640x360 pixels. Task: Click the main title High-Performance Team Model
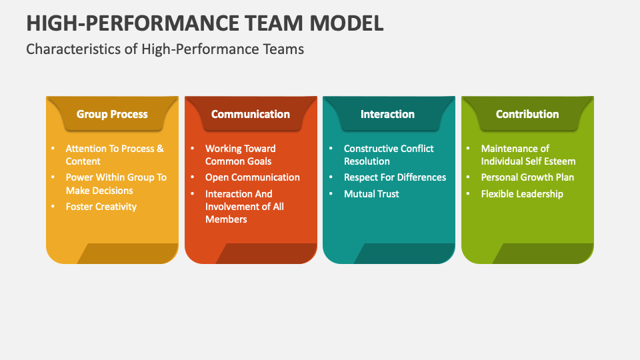click(x=205, y=22)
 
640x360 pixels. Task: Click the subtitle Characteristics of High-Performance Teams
click(x=165, y=49)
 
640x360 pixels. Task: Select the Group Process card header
click(x=112, y=114)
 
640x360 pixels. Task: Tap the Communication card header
click(x=251, y=114)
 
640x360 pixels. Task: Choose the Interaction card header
click(x=387, y=114)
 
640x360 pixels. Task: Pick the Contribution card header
click(x=527, y=114)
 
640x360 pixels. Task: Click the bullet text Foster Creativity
click(x=101, y=207)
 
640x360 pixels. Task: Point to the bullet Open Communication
click(x=252, y=177)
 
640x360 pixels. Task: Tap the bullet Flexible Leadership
click(x=522, y=194)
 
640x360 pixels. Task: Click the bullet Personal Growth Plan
click(x=527, y=177)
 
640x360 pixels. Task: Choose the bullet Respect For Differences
click(x=395, y=177)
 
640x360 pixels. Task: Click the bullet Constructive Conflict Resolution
click(x=389, y=155)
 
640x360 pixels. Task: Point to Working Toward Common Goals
click(x=240, y=155)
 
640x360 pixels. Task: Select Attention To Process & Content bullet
click(x=114, y=155)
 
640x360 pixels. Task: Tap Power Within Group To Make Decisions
click(x=115, y=184)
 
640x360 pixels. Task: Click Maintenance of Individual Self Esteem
click(x=528, y=155)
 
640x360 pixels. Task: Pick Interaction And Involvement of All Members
click(x=244, y=207)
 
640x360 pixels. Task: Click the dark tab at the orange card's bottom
click(x=267, y=253)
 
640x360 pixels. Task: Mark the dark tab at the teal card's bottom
click(x=405, y=253)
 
